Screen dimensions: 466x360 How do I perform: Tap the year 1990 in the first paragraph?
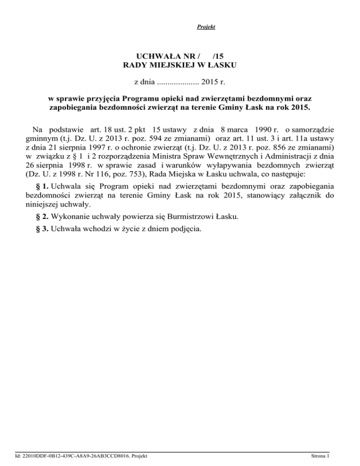(x=255, y=129)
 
